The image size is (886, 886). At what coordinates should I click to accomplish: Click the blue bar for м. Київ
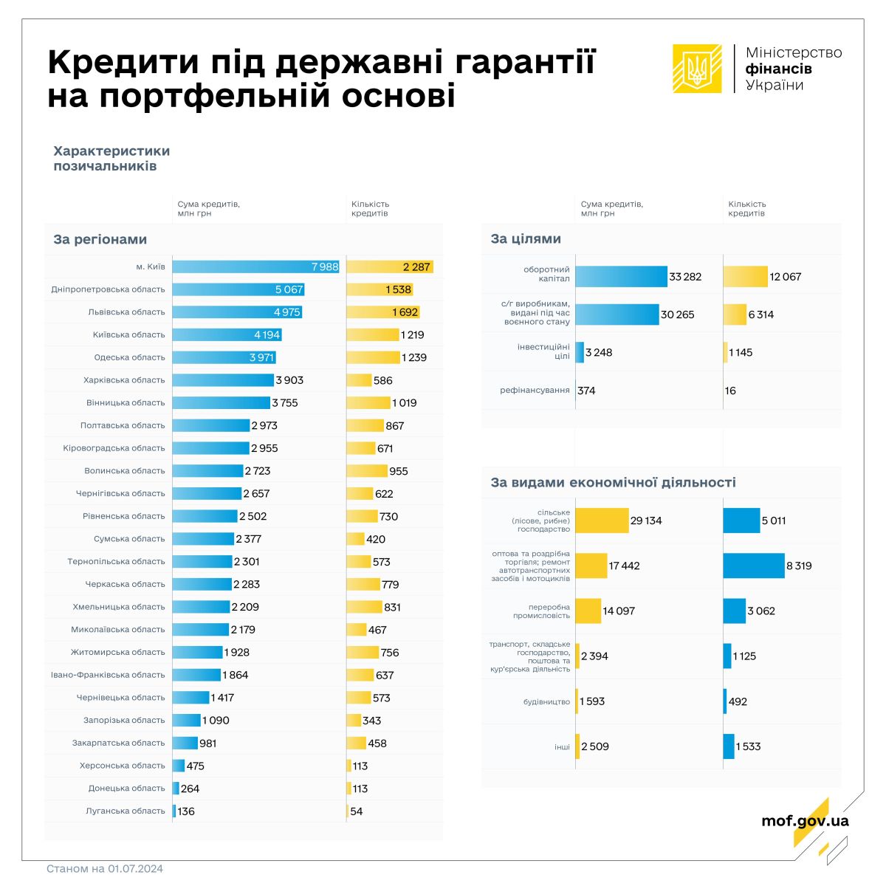click(255, 267)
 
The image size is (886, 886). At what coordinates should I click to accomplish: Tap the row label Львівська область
click(126, 312)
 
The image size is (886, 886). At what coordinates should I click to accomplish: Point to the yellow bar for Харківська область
click(360, 380)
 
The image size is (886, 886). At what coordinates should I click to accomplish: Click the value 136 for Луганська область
click(186, 811)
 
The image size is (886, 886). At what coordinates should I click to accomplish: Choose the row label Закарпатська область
click(118, 743)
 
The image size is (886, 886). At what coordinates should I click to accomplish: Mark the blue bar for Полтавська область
click(211, 425)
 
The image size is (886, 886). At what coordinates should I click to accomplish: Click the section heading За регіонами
click(100, 239)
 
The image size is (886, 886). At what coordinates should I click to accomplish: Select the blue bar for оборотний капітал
click(621, 277)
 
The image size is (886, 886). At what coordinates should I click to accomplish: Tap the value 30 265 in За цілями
click(677, 315)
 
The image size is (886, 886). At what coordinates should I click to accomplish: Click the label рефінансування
click(535, 390)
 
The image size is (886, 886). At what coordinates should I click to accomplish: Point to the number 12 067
click(785, 277)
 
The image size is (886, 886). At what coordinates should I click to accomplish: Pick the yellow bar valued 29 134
click(602, 521)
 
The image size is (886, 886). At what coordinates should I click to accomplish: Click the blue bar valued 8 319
click(754, 566)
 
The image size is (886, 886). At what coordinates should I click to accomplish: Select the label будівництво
click(546, 701)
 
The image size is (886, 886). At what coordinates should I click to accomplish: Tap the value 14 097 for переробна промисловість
click(619, 611)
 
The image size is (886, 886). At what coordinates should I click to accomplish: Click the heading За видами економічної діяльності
click(613, 483)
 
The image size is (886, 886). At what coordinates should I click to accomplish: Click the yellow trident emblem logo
click(696, 69)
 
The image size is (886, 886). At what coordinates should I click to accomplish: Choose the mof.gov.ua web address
click(805, 820)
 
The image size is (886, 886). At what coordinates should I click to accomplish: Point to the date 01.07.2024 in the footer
click(135, 869)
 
